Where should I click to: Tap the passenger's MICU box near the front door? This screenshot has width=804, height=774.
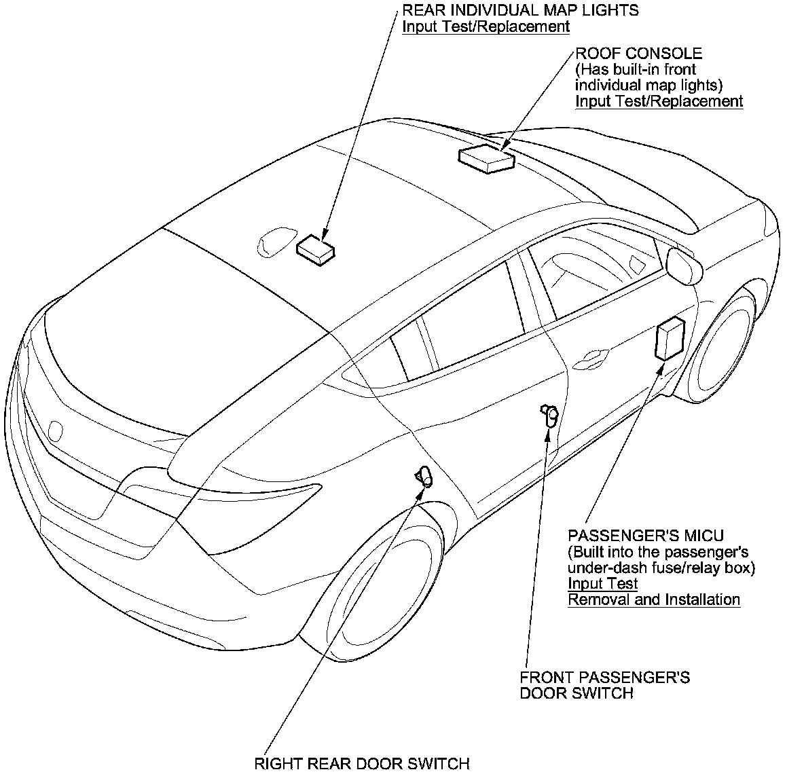(x=669, y=339)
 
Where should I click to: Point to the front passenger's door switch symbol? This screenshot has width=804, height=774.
(x=550, y=415)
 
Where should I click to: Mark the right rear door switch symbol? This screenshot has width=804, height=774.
(x=424, y=476)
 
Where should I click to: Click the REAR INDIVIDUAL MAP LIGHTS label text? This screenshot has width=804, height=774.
(x=521, y=10)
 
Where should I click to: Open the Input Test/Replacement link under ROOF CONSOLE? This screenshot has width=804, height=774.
(x=659, y=101)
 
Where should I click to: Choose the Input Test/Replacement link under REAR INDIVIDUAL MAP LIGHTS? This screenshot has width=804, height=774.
(x=486, y=26)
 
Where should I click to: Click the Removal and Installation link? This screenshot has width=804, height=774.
(x=653, y=600)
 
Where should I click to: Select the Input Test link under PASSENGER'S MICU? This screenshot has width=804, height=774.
(x=602, y=583)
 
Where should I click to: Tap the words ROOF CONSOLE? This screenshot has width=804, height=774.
(x=638, y=53)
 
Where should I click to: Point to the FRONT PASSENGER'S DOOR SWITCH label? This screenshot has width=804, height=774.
(x=604, y=685)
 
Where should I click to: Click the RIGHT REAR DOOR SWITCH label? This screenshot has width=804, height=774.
(x=361, y=763)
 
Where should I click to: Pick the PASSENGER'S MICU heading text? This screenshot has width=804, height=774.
(x=645, y=536)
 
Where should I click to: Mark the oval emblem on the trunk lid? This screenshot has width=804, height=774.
(x=56, y=430)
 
